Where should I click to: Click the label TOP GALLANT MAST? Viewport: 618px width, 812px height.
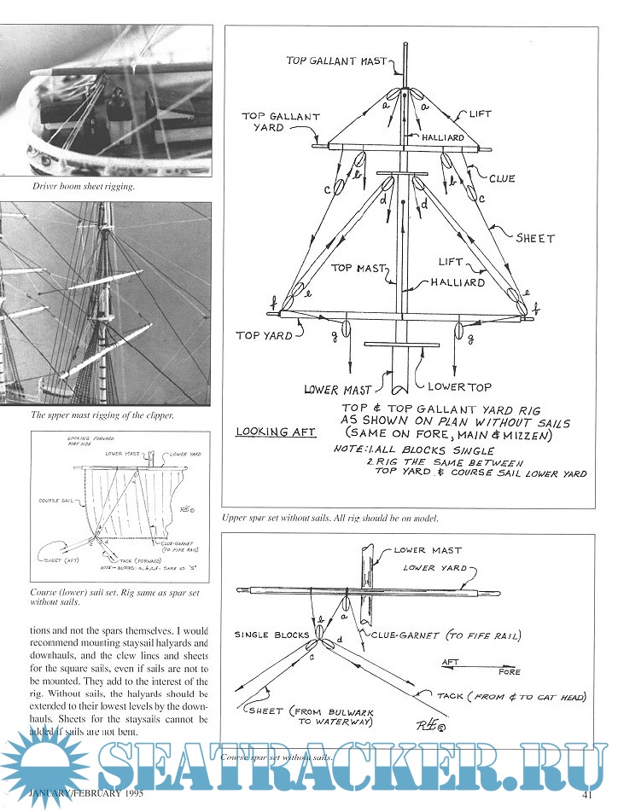pos(336,61)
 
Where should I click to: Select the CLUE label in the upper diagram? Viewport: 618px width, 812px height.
pos(502,178)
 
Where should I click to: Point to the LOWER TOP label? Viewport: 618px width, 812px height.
pos(459,388)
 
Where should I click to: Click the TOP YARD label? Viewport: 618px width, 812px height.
pos(264,335)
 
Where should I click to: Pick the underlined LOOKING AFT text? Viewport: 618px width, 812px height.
pos(275,432)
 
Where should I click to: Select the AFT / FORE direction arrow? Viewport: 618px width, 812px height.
pos(479,666)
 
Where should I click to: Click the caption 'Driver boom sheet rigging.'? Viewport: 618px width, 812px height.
pos(83,185)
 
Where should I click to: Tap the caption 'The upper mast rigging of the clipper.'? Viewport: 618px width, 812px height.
pos(102,415)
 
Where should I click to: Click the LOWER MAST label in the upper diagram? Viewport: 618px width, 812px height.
pos(338,390)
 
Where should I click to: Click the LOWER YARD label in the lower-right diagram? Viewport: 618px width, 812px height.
pos(435,567)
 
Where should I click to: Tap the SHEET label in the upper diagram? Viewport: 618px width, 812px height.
pos(535,239)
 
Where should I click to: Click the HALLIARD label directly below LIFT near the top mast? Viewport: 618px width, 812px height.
pos(458,282)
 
